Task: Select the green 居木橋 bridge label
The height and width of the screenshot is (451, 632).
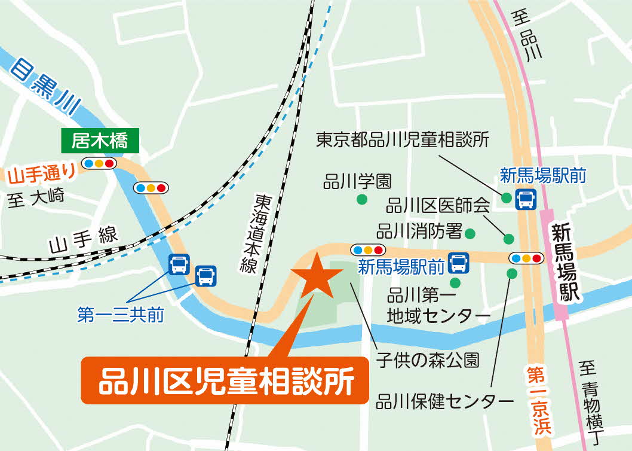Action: pos(100,141)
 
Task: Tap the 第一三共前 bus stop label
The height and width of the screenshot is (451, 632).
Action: pos(121,315)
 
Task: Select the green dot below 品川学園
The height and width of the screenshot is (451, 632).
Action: pos(361,200)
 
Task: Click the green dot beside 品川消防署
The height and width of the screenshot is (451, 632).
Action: pos(470,233)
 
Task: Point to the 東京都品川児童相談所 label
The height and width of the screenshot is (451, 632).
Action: pos(403,141)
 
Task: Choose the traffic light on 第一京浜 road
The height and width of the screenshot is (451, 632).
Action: pos(526,258)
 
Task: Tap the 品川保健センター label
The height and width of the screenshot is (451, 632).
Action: pos(445,401)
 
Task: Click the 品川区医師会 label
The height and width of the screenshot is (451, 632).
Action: pos(438,206)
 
